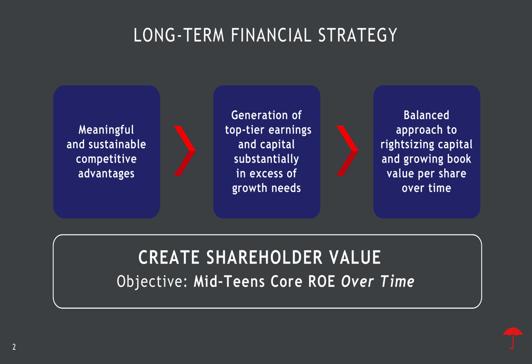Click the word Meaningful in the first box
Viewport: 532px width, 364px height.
[x=106, y=130]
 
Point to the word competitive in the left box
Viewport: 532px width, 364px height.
[x=106, y=159]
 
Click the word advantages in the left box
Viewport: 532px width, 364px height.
[x=106, y=174]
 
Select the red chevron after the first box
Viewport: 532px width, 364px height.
[x=185, y=150]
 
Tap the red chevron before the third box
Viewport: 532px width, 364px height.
[x=347, y=150]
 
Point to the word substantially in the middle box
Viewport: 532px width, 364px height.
[x=267, y=159]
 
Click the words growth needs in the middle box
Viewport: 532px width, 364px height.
[x=267, y=188]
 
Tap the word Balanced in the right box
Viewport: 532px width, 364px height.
[x=426, y=115]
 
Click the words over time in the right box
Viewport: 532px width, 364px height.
[x=426, y=188]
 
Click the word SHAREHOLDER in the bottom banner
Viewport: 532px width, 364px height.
[x=264, y=258]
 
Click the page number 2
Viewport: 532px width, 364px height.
[x=14, y=347]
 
